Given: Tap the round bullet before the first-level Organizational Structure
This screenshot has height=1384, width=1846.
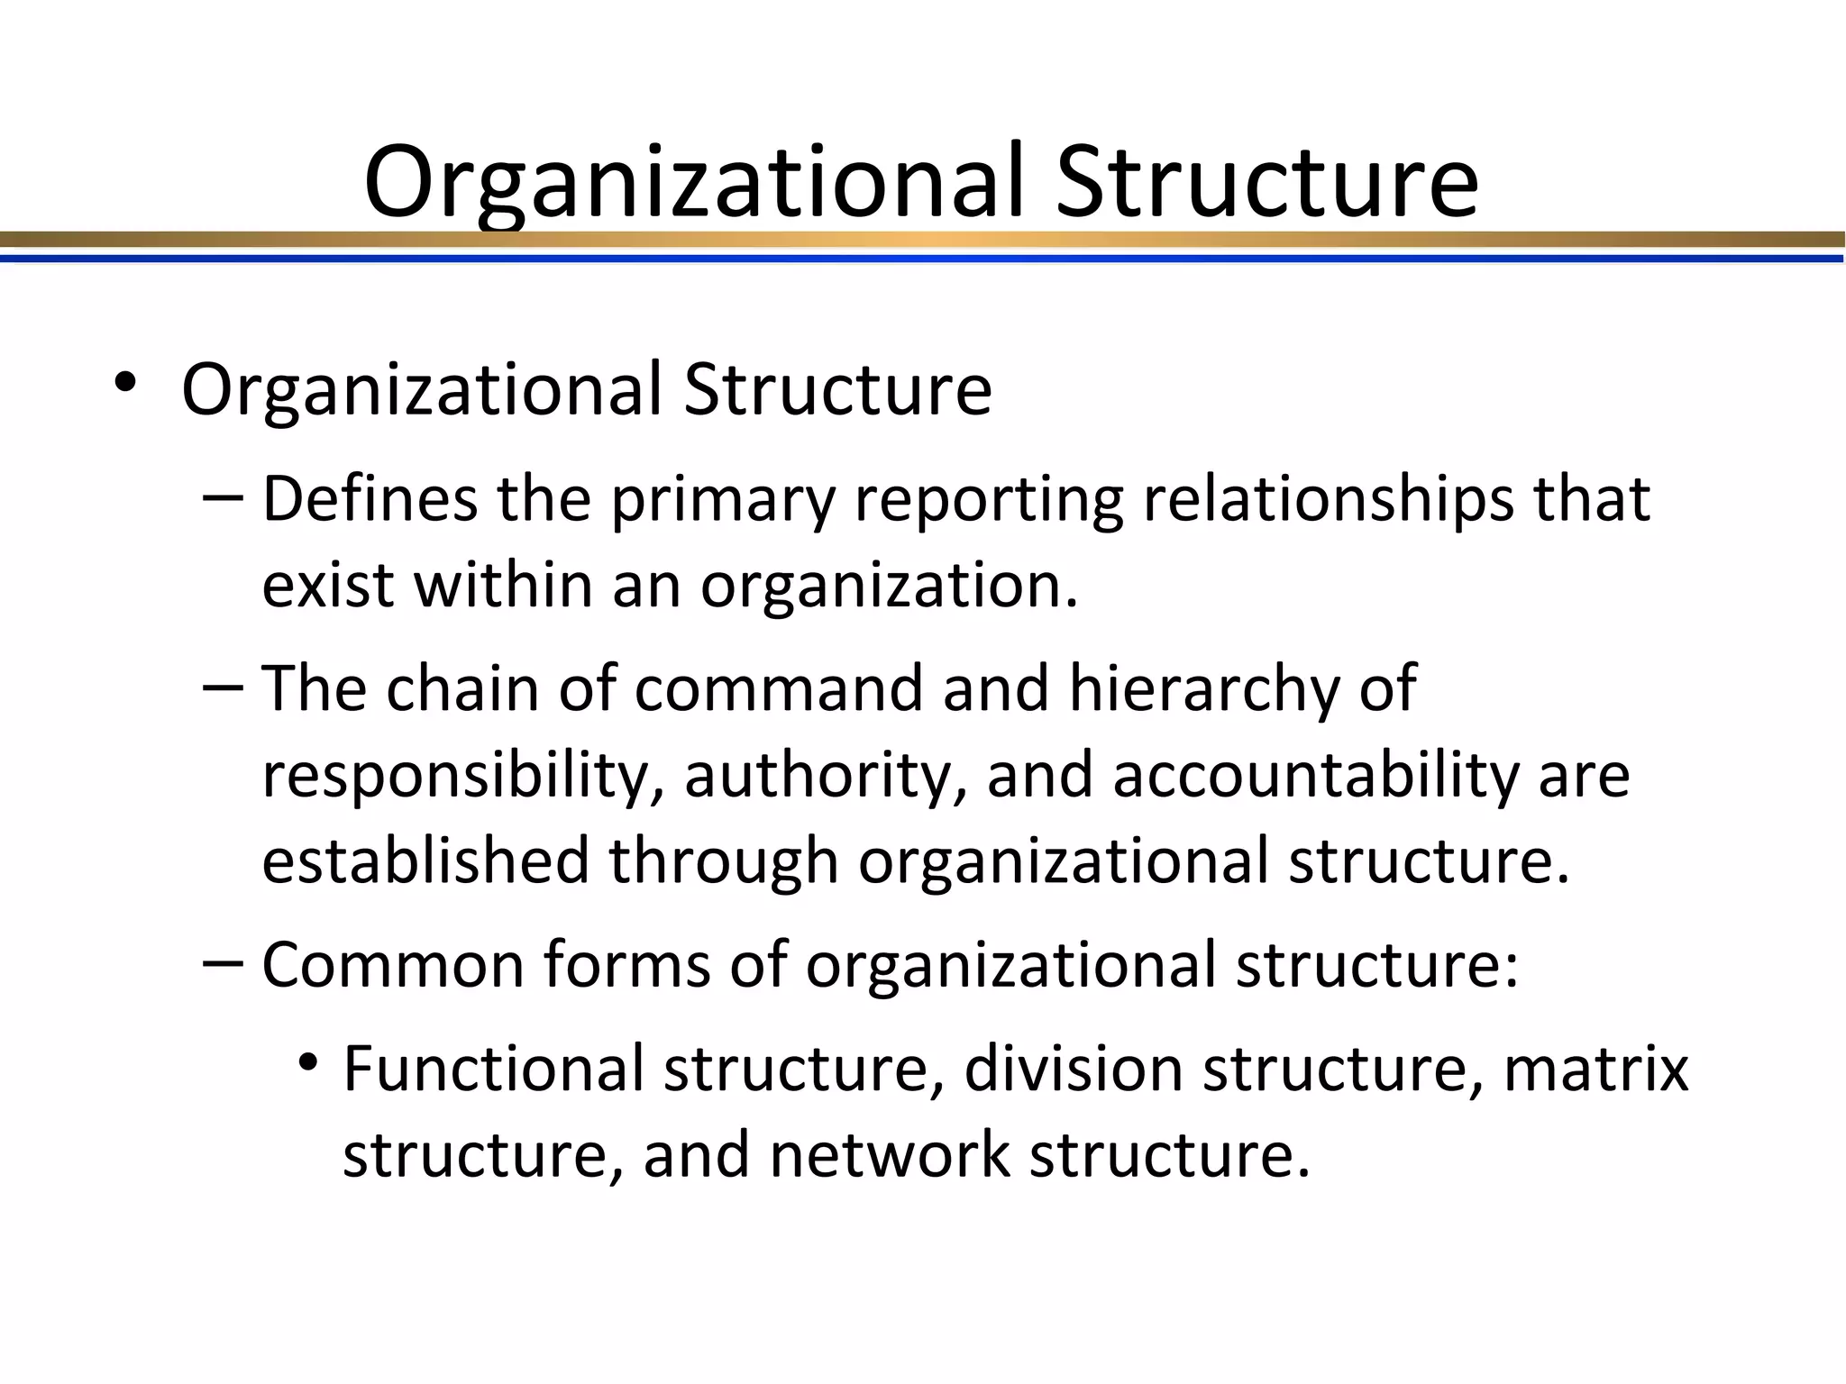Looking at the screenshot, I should [x=125, y=382].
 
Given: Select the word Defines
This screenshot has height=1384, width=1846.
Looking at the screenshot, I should [x=370, y=499].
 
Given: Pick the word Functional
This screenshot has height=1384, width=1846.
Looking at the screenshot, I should [x=494, y=1068].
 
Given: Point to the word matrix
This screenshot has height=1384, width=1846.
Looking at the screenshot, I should [x=1595, y=1068].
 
